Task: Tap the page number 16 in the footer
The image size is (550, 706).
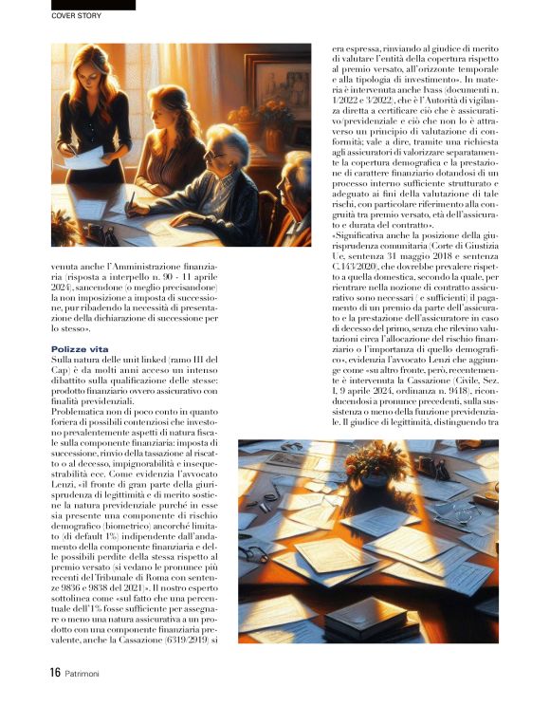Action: pos(56,673)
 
